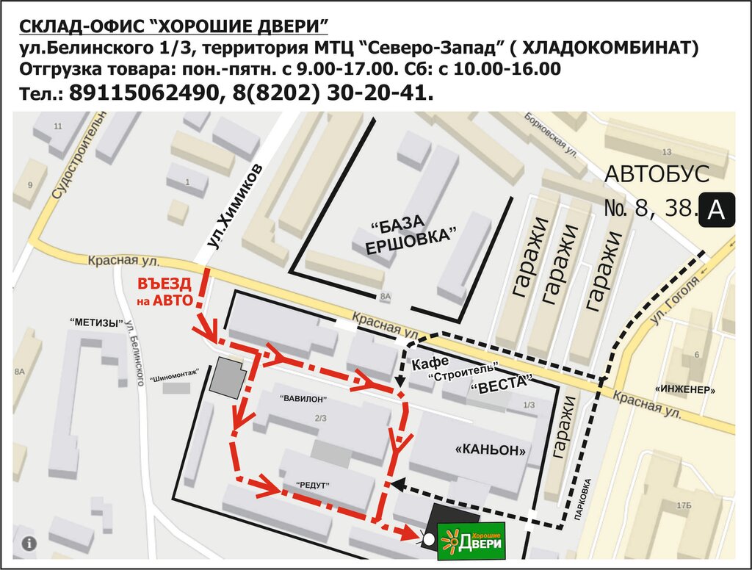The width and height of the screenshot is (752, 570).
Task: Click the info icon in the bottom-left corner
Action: (29, 544)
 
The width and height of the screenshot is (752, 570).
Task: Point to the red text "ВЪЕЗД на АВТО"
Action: (165, 292)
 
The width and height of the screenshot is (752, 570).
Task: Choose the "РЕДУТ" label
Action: (313, 486)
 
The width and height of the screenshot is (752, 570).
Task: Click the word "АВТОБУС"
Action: (657, 174)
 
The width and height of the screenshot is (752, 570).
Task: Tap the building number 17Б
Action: (684, 505)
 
